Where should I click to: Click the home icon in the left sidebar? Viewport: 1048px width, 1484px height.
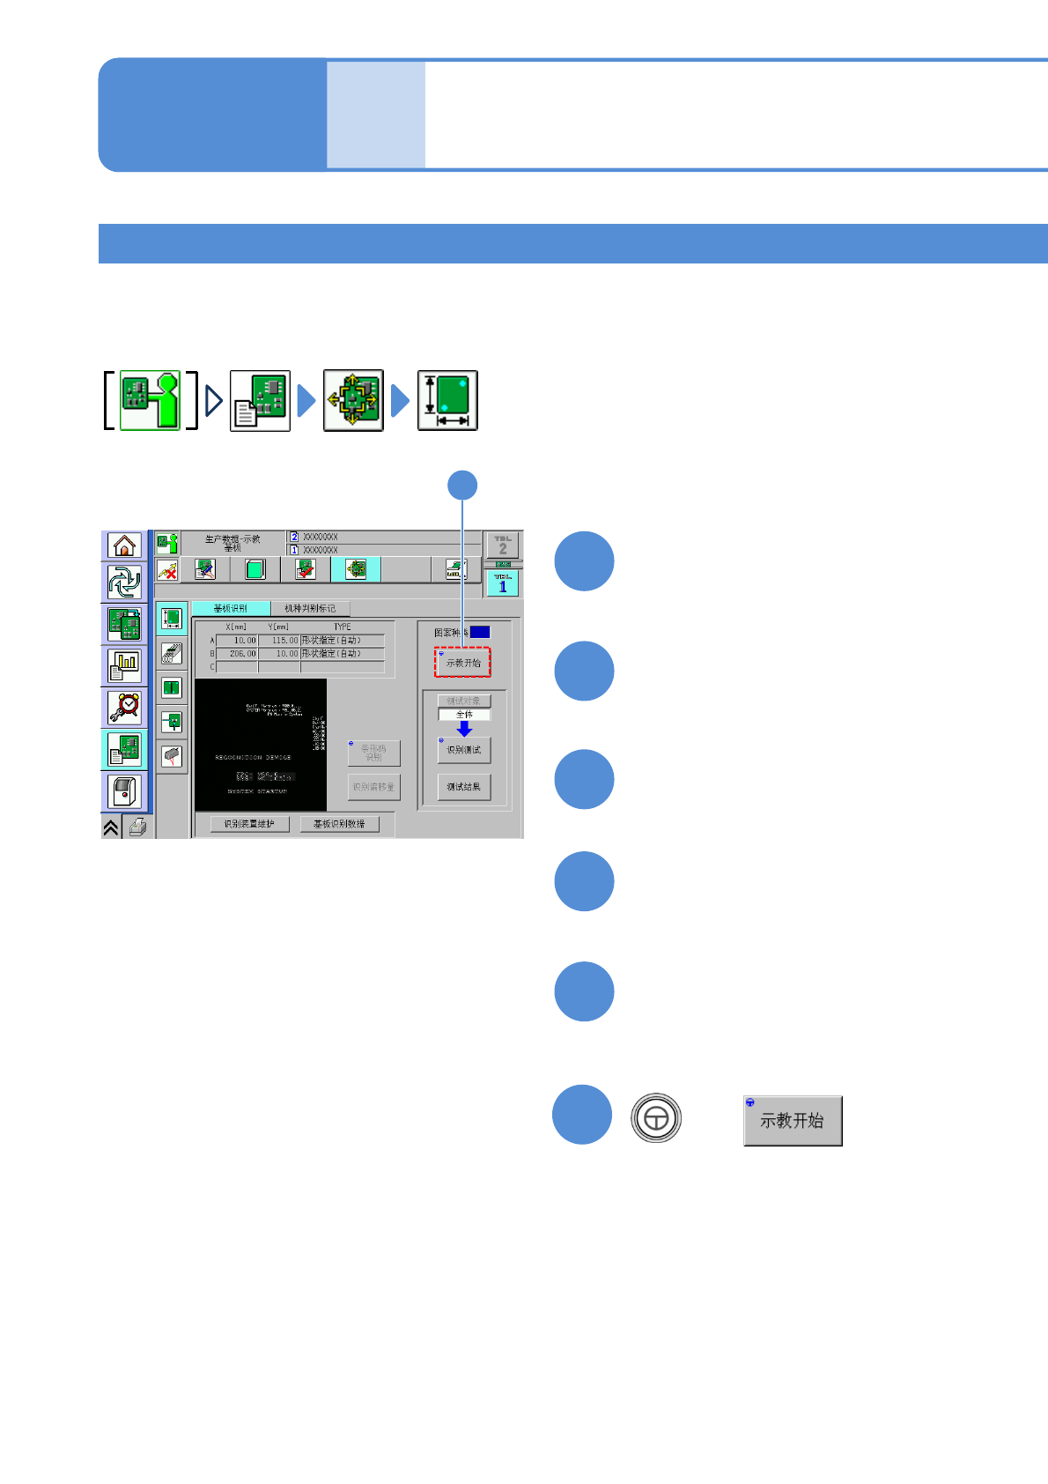pyautogui.click(x=124, y=545)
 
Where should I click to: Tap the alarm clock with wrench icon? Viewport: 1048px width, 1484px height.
pyautogui.click(x=124, y=707)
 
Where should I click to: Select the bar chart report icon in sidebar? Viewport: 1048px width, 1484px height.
pyautogui.click(x=124, y=665)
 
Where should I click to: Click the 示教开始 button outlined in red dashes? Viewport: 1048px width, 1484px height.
pyautogui.click(x=462, y=663)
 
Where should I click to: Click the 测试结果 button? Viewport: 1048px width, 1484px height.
pyautogui.click(x=463, y=787)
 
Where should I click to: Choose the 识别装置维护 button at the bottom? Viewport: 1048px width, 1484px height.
pyautogui.click(x=249, y=824)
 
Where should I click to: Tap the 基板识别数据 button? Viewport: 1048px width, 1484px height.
pyautogui.click(x=339, y=824)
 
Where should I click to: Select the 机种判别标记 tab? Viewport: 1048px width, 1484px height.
pyautogui.click(x=310, y=608)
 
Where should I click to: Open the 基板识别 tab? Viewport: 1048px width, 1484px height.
pyautogui.click(x=231, y=608)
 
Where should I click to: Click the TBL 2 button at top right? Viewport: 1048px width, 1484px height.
pyautogui.click(x=503, y=545)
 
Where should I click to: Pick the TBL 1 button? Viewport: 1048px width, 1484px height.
pyautogui.click(x=503, y=582)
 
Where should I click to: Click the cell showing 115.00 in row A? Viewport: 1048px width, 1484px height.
pyautogui.click(x=280, y=641)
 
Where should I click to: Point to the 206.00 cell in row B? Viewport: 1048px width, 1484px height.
pyautogui.click(x=238, y=654)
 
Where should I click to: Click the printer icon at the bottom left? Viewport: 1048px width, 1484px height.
pyautogui.click(x=137, y=827)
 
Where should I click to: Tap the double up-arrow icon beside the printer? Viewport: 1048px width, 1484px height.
pyautogui.click(x=111, y=827)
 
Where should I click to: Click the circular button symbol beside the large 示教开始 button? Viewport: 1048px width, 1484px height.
pyautogui.click(x=656, y=1118)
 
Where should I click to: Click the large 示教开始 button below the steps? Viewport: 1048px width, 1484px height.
pyautogui.click(x=793, y=1121)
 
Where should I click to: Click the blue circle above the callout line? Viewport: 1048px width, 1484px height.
pyautogui.click(x=462, y=486)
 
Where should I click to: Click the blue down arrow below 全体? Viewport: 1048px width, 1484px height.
pyautogui.click(x=464, y=729)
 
